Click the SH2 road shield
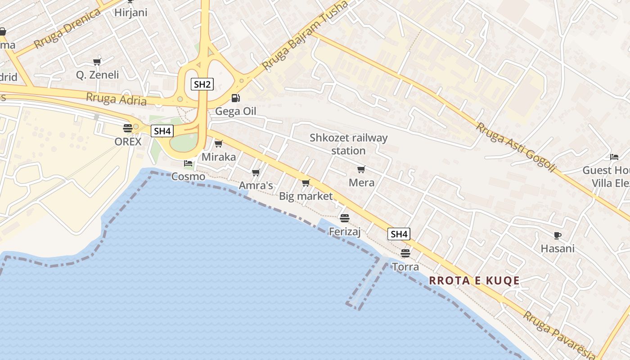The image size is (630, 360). coord(202,84)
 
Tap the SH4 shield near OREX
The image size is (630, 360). coord(162,131)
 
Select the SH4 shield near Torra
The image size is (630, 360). coord(399,234)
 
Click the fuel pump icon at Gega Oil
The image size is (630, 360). coord(235,98)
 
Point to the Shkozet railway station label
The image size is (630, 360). coord(348,144)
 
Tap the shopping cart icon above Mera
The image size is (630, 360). coord(361,170)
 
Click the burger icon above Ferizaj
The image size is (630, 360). coord(345,218)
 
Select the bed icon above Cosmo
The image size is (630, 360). coord(188,163)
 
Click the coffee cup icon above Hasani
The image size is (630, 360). coord(558,235)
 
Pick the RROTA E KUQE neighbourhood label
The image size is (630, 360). coord(474,281)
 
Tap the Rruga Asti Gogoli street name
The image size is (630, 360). coord(516,147)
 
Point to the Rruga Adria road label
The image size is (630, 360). coord(116,99)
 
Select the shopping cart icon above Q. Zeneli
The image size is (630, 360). coord(97,61)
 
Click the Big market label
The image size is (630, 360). coord(306,196)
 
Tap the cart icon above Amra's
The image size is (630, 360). coord(256,172)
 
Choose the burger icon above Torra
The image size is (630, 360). coord(405,253)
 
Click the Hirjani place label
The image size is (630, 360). coord(130,13)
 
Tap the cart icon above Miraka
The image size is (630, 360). coord(219,144)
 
